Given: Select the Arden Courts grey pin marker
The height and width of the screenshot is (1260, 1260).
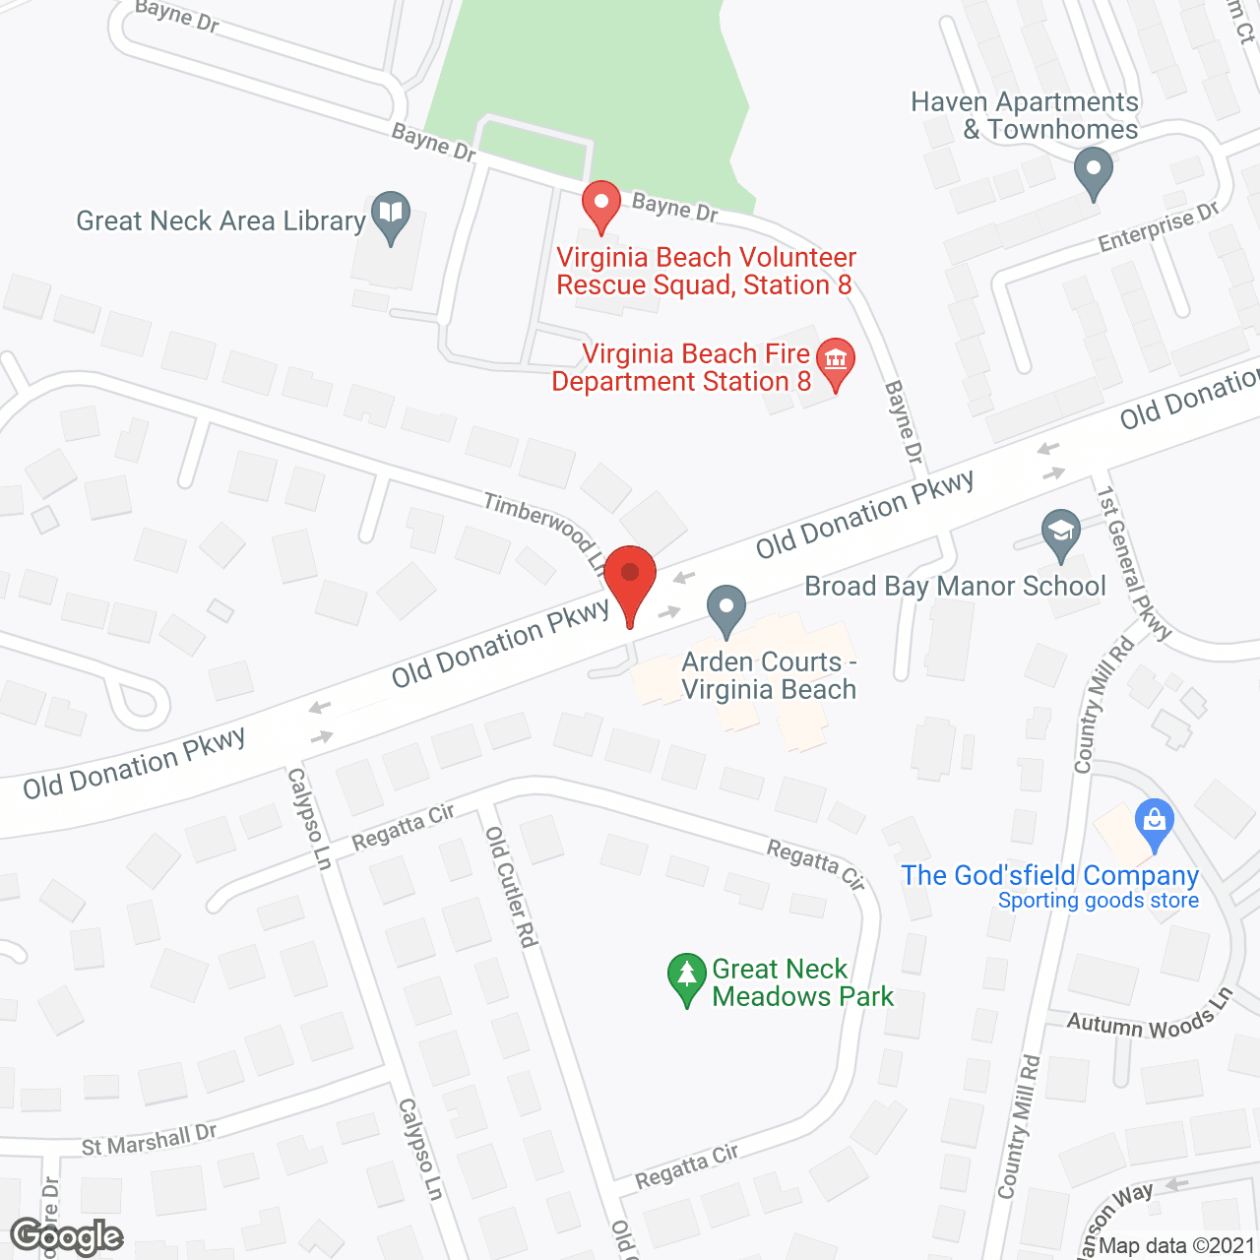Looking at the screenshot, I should (726, 608).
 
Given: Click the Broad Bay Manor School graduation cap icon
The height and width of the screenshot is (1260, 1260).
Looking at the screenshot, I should (1060, 533).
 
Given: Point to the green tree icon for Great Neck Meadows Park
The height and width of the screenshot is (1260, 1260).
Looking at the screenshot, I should (686, 978).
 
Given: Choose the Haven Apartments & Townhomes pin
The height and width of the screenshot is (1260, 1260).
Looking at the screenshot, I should (1093, 171).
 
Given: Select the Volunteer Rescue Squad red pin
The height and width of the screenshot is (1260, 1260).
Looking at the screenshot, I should (600, 206).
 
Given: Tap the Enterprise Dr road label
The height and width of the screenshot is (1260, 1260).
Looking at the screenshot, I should (1159, 227).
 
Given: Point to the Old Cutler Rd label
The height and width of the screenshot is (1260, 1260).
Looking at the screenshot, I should (512, 887).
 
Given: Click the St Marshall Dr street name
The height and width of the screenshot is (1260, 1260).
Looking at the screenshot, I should (149, 1140).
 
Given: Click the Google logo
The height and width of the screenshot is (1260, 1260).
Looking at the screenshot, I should (67, 1236).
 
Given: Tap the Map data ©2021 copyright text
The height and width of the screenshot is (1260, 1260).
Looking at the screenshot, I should (1176, 1245).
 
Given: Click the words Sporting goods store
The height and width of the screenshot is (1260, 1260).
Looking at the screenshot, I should (1098, 901).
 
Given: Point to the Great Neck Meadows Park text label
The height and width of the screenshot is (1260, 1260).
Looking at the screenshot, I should (802, 982).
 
